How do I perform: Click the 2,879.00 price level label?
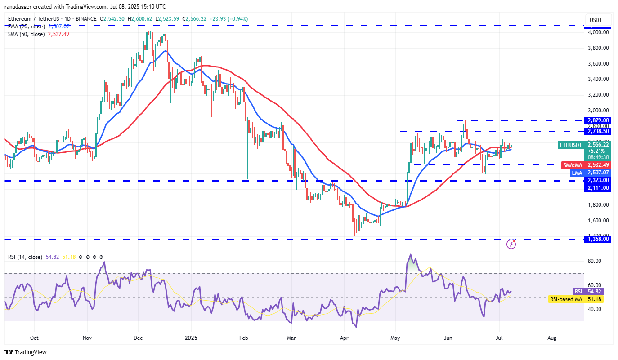point(597,120)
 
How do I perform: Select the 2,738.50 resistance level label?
point(597,131)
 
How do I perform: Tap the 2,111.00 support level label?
point(597,188)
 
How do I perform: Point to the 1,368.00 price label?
point(597,239)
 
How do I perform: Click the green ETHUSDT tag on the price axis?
point(571,145)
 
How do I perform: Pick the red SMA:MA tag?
point(573,165)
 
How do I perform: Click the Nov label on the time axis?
point(87,338)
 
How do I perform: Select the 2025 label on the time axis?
point(191,338)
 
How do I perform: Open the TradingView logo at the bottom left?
point(26,352)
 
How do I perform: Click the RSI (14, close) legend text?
point(25,257)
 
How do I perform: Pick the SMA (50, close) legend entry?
point(26,34)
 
